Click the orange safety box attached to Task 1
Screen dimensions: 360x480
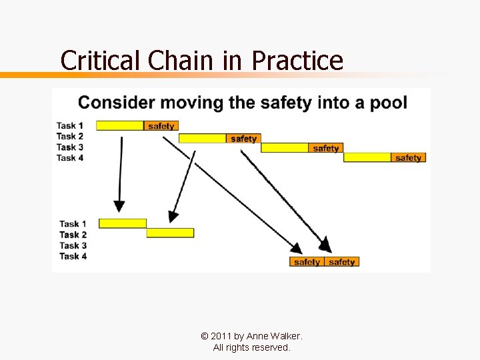click(x=161, y=126)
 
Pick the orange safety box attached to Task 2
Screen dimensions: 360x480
click(x=243, y=139)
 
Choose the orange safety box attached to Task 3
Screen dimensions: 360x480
click(x=325, y=148)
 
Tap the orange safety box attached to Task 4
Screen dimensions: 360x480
click(x=408, y=158)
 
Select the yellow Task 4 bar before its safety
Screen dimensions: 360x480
click(x=367, y=158)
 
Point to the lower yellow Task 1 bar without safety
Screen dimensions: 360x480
click(x=122, y=223)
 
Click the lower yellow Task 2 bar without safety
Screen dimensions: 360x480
click(x=170, y=233)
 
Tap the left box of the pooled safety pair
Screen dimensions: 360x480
click(x=307, y=262)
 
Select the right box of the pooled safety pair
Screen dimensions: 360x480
click(x=342, y=262)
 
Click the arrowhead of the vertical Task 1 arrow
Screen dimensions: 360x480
click(x=119, y=205)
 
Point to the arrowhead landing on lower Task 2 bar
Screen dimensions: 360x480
click(x=173, y=216)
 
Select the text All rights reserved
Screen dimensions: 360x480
click(x=251, y=347)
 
